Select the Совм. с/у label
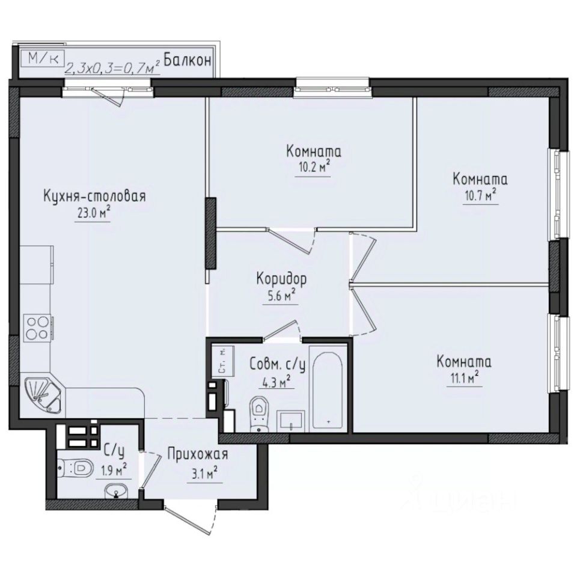277,365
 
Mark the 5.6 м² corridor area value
280,295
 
